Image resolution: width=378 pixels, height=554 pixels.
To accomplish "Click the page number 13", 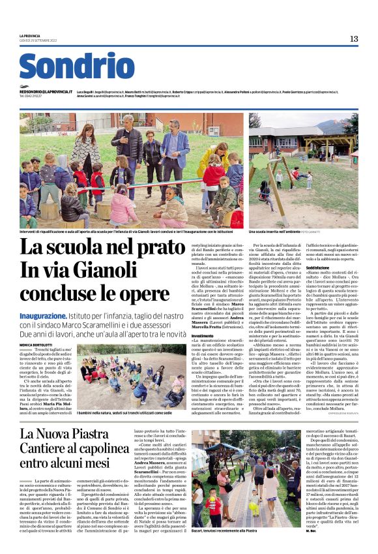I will click(x=353, y=38).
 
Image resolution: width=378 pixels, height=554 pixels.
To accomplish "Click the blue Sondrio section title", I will click(x=76, y=66).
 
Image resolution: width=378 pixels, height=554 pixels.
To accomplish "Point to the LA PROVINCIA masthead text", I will click(x=31, y=35).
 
